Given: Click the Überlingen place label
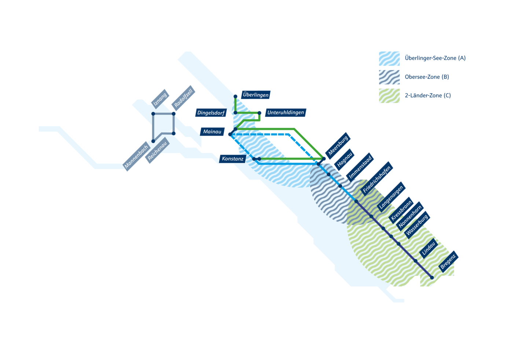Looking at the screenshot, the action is click(x=256, y=95).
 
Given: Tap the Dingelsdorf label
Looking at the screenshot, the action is click(x=211, y=113).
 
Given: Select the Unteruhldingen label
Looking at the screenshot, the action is click(x=285, y=113).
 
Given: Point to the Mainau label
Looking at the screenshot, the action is click(x=212, y=132).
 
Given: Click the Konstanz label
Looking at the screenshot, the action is click(x=232, y=159).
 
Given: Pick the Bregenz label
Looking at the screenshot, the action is click(x=448, y=262).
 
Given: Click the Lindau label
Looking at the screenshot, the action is click(x=429, y=249).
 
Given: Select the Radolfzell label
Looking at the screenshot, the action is click(x=183, y=98).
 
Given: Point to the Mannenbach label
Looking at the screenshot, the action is click(x=136, y=156).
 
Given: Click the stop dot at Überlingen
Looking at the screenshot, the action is click(x=235, y=96).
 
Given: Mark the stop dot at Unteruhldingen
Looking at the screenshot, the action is click(x=259, y=113).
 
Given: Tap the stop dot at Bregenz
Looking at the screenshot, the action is click(x=432, y=278).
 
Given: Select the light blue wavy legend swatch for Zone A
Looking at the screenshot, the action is click(x=389, y=58).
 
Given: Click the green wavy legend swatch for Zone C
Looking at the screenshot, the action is click(x=389, y=96).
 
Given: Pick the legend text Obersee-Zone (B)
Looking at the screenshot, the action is click(x=427, y=77).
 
